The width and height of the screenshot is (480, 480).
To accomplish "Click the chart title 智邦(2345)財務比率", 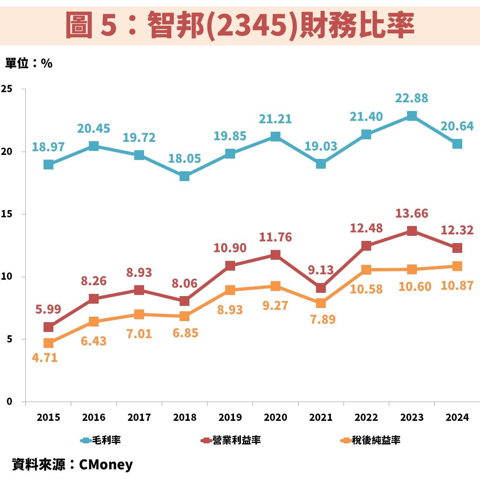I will click(x=240, y=25).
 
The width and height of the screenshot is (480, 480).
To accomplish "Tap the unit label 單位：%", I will click(x=29, y=63).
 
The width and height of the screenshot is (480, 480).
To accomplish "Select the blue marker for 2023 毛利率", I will click(x=411, y=116).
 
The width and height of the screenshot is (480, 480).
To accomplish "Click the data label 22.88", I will click(x=411, y=98).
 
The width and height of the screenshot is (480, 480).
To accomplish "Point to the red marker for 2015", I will click(x=48, y=327).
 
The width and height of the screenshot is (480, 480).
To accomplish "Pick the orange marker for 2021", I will click(x=321, y=303).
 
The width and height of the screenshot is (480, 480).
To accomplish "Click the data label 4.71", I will click(x=45, y=358).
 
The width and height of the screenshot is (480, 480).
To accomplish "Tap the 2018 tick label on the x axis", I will click(x=184, y=417).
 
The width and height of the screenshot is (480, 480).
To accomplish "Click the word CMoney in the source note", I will click(x=106, y=464).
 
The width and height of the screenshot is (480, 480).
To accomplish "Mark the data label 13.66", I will click(x=411, y=213).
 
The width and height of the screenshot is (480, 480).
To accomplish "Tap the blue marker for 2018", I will click(x=184, y=176).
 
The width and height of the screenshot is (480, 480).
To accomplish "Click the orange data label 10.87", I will click(x=457, y=286).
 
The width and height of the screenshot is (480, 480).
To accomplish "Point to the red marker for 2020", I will click(x=275, y=255).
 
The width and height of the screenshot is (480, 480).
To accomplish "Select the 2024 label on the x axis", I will click(x=457, y=417).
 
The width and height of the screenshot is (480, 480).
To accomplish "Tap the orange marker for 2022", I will click(x=366, y=270).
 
